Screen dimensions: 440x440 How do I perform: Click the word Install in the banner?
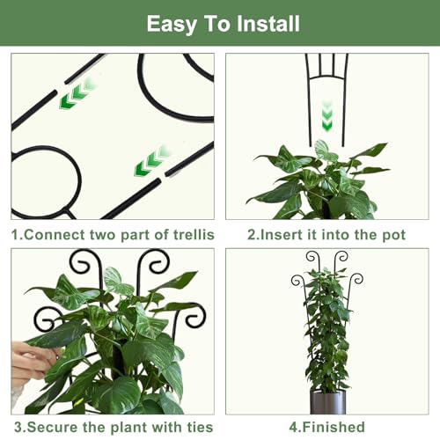(x=268, y=24)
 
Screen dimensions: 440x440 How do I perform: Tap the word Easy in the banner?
(x=172, y=25)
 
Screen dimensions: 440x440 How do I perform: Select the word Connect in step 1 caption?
(x=55, y=235)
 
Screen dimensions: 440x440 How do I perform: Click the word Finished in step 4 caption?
(x=334, y=427)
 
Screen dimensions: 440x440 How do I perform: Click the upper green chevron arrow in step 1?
(x=77, y=93)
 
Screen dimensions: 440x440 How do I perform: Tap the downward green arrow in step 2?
(x=326, y=116)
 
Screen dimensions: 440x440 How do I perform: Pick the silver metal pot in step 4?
(x=328, y=402)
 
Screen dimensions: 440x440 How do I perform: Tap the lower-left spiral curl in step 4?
(x=297, y=281)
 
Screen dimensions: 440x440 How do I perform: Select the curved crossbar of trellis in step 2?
(x=327, y=77)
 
